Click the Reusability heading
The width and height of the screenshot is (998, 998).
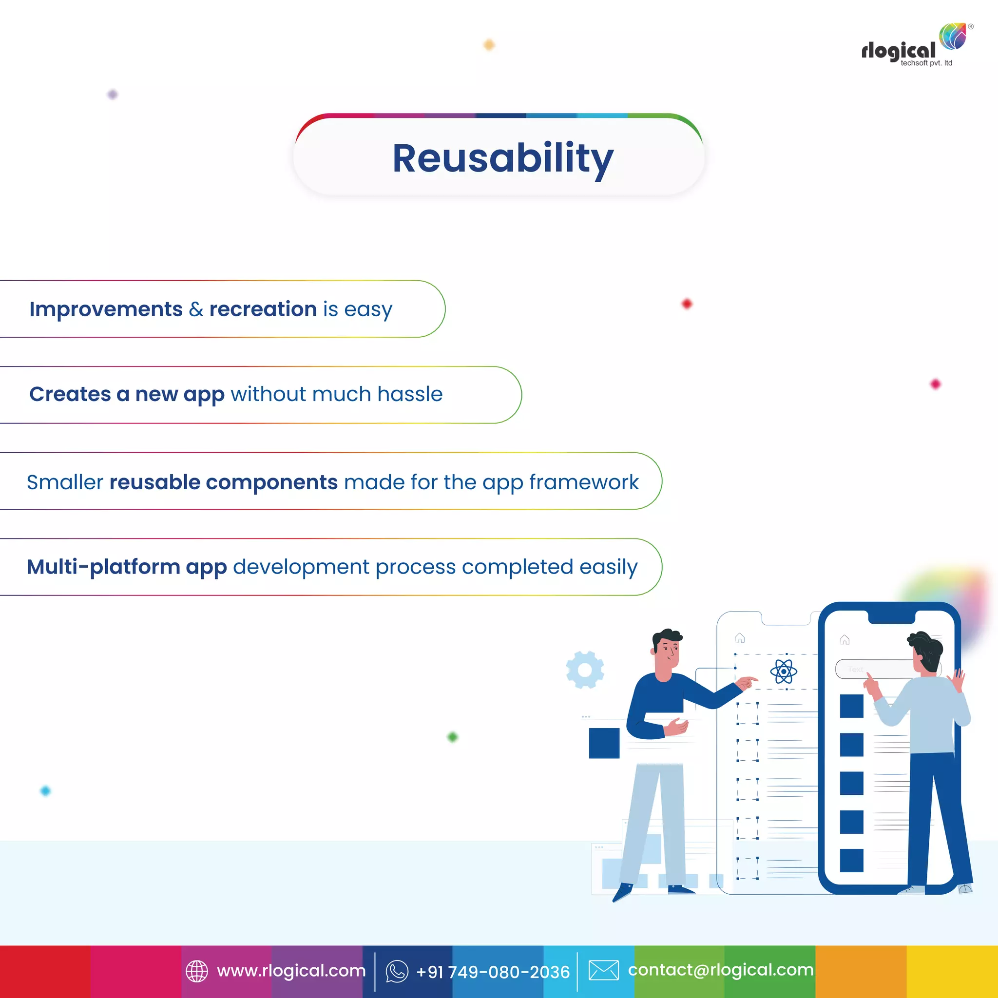502,158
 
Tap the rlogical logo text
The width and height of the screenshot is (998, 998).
898,51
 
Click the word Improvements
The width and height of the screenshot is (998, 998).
106,309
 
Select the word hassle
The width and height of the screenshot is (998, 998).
410,394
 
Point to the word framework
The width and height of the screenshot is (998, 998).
584,482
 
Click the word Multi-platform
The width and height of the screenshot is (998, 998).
103,567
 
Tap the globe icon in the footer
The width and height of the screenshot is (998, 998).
197,971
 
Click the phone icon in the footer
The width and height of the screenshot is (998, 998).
397,971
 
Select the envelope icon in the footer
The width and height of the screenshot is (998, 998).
603,970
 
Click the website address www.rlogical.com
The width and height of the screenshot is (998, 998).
291,971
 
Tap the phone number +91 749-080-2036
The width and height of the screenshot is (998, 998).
493,972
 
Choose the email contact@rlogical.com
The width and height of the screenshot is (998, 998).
721,970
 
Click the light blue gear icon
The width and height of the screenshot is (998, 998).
585,670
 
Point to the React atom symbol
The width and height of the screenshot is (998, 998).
783,672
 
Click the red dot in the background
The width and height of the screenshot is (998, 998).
687,304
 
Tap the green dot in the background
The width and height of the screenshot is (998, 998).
453,737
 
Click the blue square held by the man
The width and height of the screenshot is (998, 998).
604,743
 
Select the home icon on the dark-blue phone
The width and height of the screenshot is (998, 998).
844,640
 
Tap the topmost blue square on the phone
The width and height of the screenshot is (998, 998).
851,706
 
